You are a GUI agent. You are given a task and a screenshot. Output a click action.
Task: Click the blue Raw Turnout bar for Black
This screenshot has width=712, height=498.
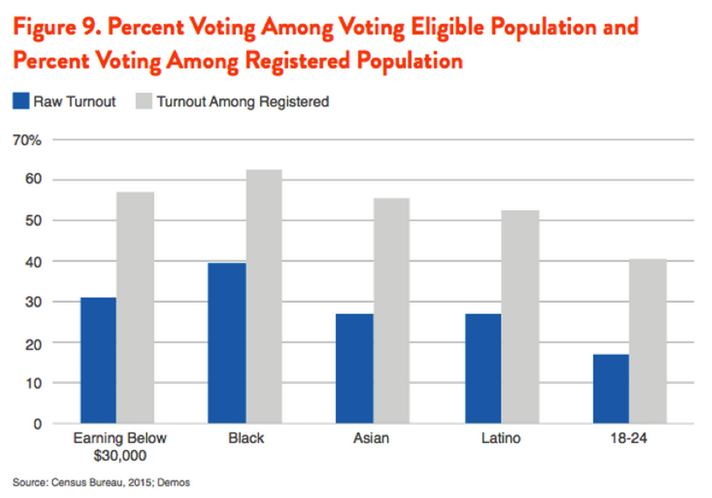(227, 343)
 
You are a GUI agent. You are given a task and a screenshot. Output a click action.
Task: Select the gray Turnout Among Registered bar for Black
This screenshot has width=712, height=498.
(264, 296)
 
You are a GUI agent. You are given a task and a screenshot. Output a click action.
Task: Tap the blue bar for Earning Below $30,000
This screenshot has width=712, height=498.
(98, 360)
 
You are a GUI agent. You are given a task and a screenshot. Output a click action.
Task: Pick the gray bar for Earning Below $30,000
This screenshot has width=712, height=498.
(135, 307)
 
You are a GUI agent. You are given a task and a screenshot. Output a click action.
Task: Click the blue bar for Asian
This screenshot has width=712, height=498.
(354, 368)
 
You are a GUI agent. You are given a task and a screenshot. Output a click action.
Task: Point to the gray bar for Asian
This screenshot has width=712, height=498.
(391, 310)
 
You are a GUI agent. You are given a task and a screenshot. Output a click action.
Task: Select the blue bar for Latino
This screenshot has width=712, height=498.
(483, 368)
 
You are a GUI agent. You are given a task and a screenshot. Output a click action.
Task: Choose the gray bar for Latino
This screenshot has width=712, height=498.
(520, 317)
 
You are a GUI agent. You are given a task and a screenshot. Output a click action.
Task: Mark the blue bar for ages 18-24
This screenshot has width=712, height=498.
(610, 388)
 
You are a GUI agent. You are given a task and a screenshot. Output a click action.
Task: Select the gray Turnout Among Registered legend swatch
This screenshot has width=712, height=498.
(143, 101)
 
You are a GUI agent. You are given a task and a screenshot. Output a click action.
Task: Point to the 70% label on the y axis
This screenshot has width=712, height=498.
(28, 139)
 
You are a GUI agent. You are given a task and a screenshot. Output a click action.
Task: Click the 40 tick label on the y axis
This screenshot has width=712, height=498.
(34, 261)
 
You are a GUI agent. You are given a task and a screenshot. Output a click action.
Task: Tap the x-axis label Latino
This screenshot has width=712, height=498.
(501, 439)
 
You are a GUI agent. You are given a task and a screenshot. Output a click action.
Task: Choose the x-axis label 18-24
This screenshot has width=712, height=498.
(629, 439)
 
